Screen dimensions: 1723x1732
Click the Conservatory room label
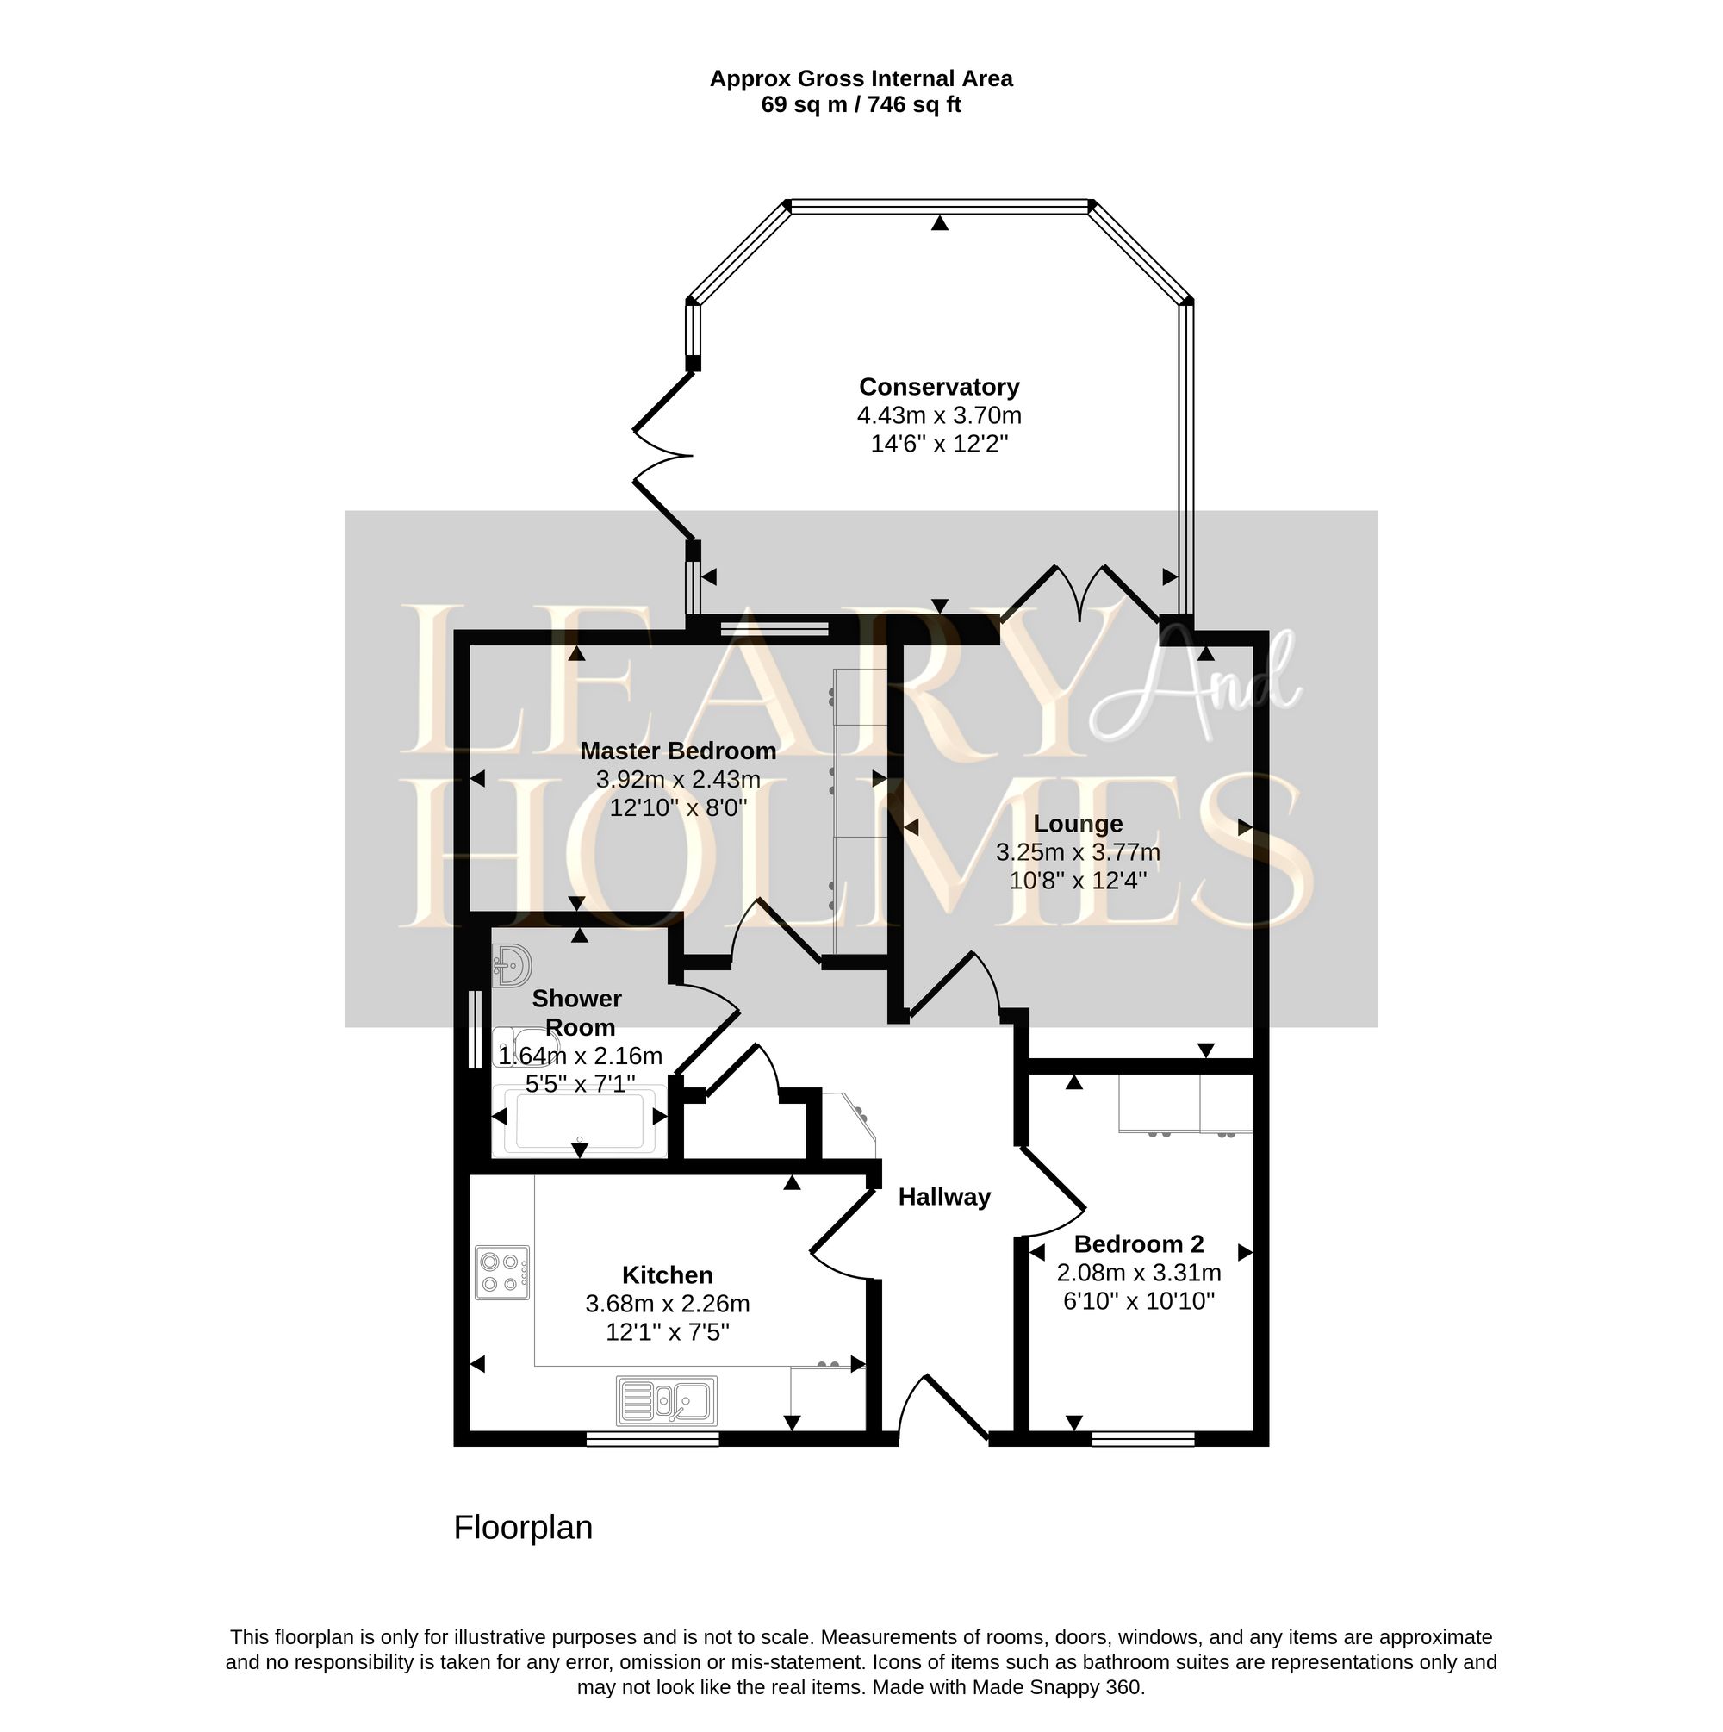click(x=938, y=386)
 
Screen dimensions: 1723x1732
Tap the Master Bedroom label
click(x=678, y=751)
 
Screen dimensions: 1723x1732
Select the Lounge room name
click(x=1078, y=823)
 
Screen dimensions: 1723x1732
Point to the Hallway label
click(x=944, y=1197)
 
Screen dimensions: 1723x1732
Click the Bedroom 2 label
click(x=1139, y=1243)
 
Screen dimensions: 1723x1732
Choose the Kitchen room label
click(x=667, y=1274)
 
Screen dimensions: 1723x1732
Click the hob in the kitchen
click(x=502, y=1273)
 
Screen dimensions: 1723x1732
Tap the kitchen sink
click(x=666, y=1401)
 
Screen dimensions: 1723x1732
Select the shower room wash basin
click(x=512, y=965)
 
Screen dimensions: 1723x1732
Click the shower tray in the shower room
click(x=579, y=1120)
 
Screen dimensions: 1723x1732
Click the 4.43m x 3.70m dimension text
click(x=938, y=415)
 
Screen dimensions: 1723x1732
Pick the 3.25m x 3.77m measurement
click(x=1078, y=851)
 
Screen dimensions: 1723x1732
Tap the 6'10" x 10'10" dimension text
click(x=1139, y=1301)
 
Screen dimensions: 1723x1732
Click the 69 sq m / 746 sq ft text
click(x=861, y=105)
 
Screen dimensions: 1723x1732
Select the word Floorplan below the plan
click(x=523, y=1528)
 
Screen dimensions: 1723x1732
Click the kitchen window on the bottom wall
click(x=653, y=1439)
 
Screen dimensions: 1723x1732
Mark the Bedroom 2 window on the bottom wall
click(x=1143, y=1439)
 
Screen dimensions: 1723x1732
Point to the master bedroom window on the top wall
click(x=774, y=628)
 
